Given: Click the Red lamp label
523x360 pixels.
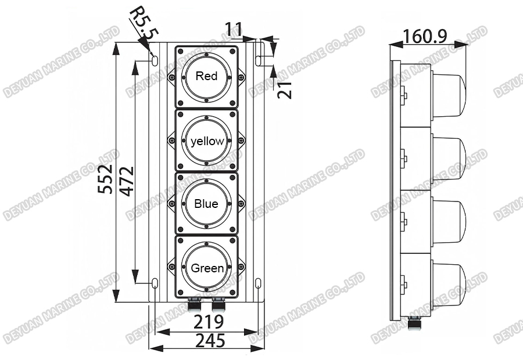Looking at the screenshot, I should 206,76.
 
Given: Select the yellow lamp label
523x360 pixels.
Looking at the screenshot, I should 206,141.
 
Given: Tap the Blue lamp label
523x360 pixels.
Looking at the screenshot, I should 206,204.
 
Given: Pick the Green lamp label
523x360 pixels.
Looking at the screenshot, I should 207,268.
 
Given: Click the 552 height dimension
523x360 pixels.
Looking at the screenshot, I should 106,179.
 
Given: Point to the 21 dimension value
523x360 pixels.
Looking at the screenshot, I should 285,89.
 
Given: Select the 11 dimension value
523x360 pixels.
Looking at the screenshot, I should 235,29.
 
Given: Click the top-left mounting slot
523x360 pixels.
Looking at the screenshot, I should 155,59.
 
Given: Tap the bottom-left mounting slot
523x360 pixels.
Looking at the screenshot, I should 155,283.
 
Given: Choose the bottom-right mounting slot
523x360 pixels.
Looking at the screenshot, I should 259,283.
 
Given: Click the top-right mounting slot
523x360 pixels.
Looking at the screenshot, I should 259,59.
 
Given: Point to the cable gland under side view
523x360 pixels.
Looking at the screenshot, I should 414,323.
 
